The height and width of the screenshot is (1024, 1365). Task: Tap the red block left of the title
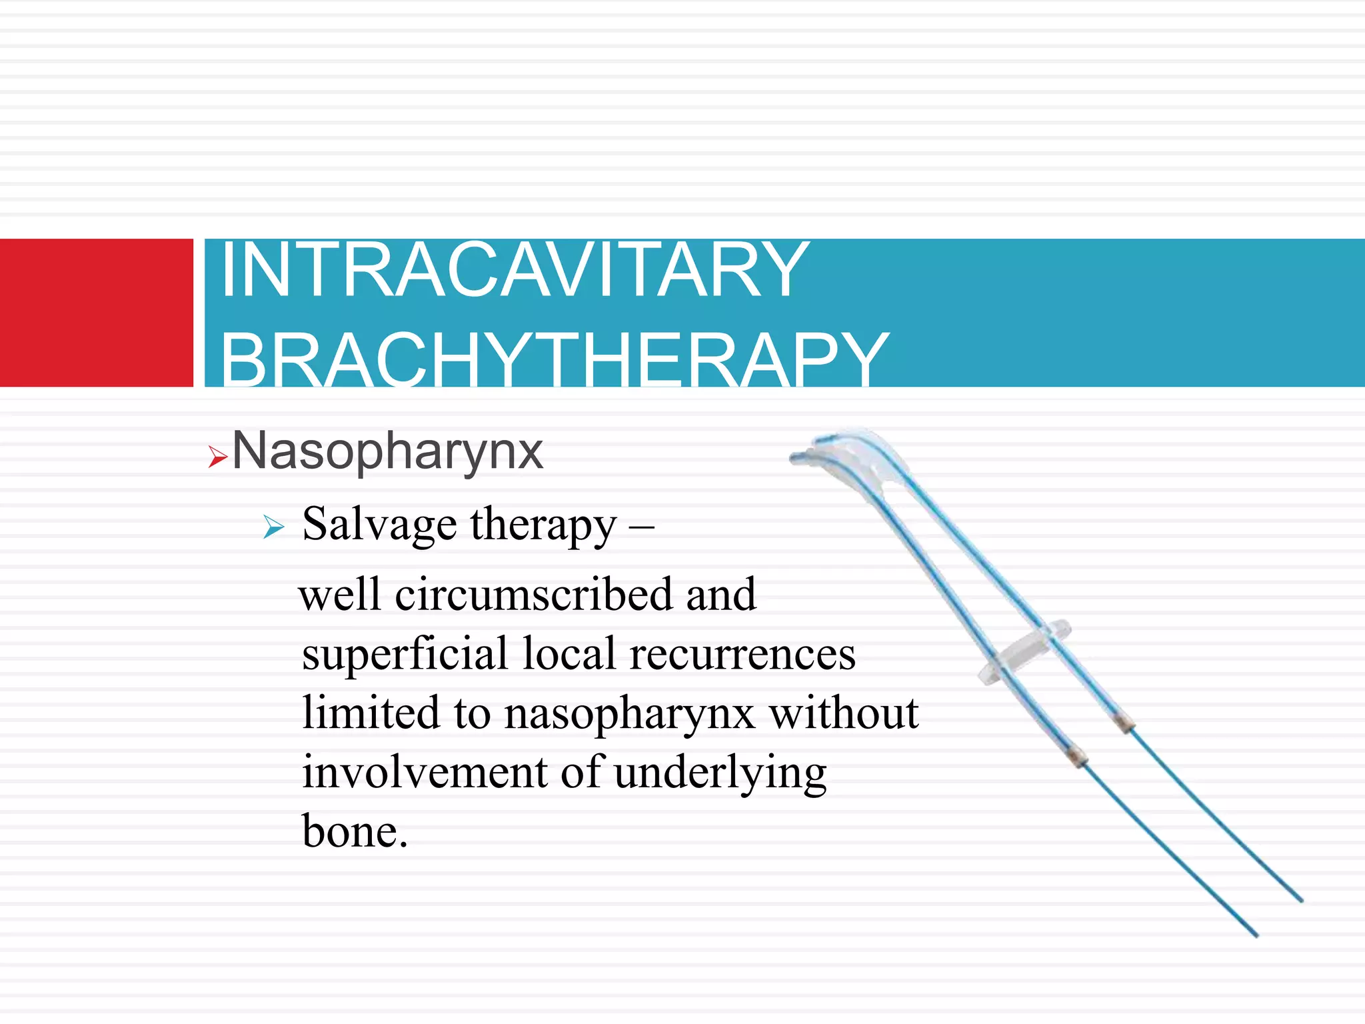tap(96, 312)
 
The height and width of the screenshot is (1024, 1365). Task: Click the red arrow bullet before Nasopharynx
tap(217, 457)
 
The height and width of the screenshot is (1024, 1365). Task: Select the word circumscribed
tap(533, 595)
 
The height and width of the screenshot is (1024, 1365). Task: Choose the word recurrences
tap(742, 655)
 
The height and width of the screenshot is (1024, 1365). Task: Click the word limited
tap(371, 713)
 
